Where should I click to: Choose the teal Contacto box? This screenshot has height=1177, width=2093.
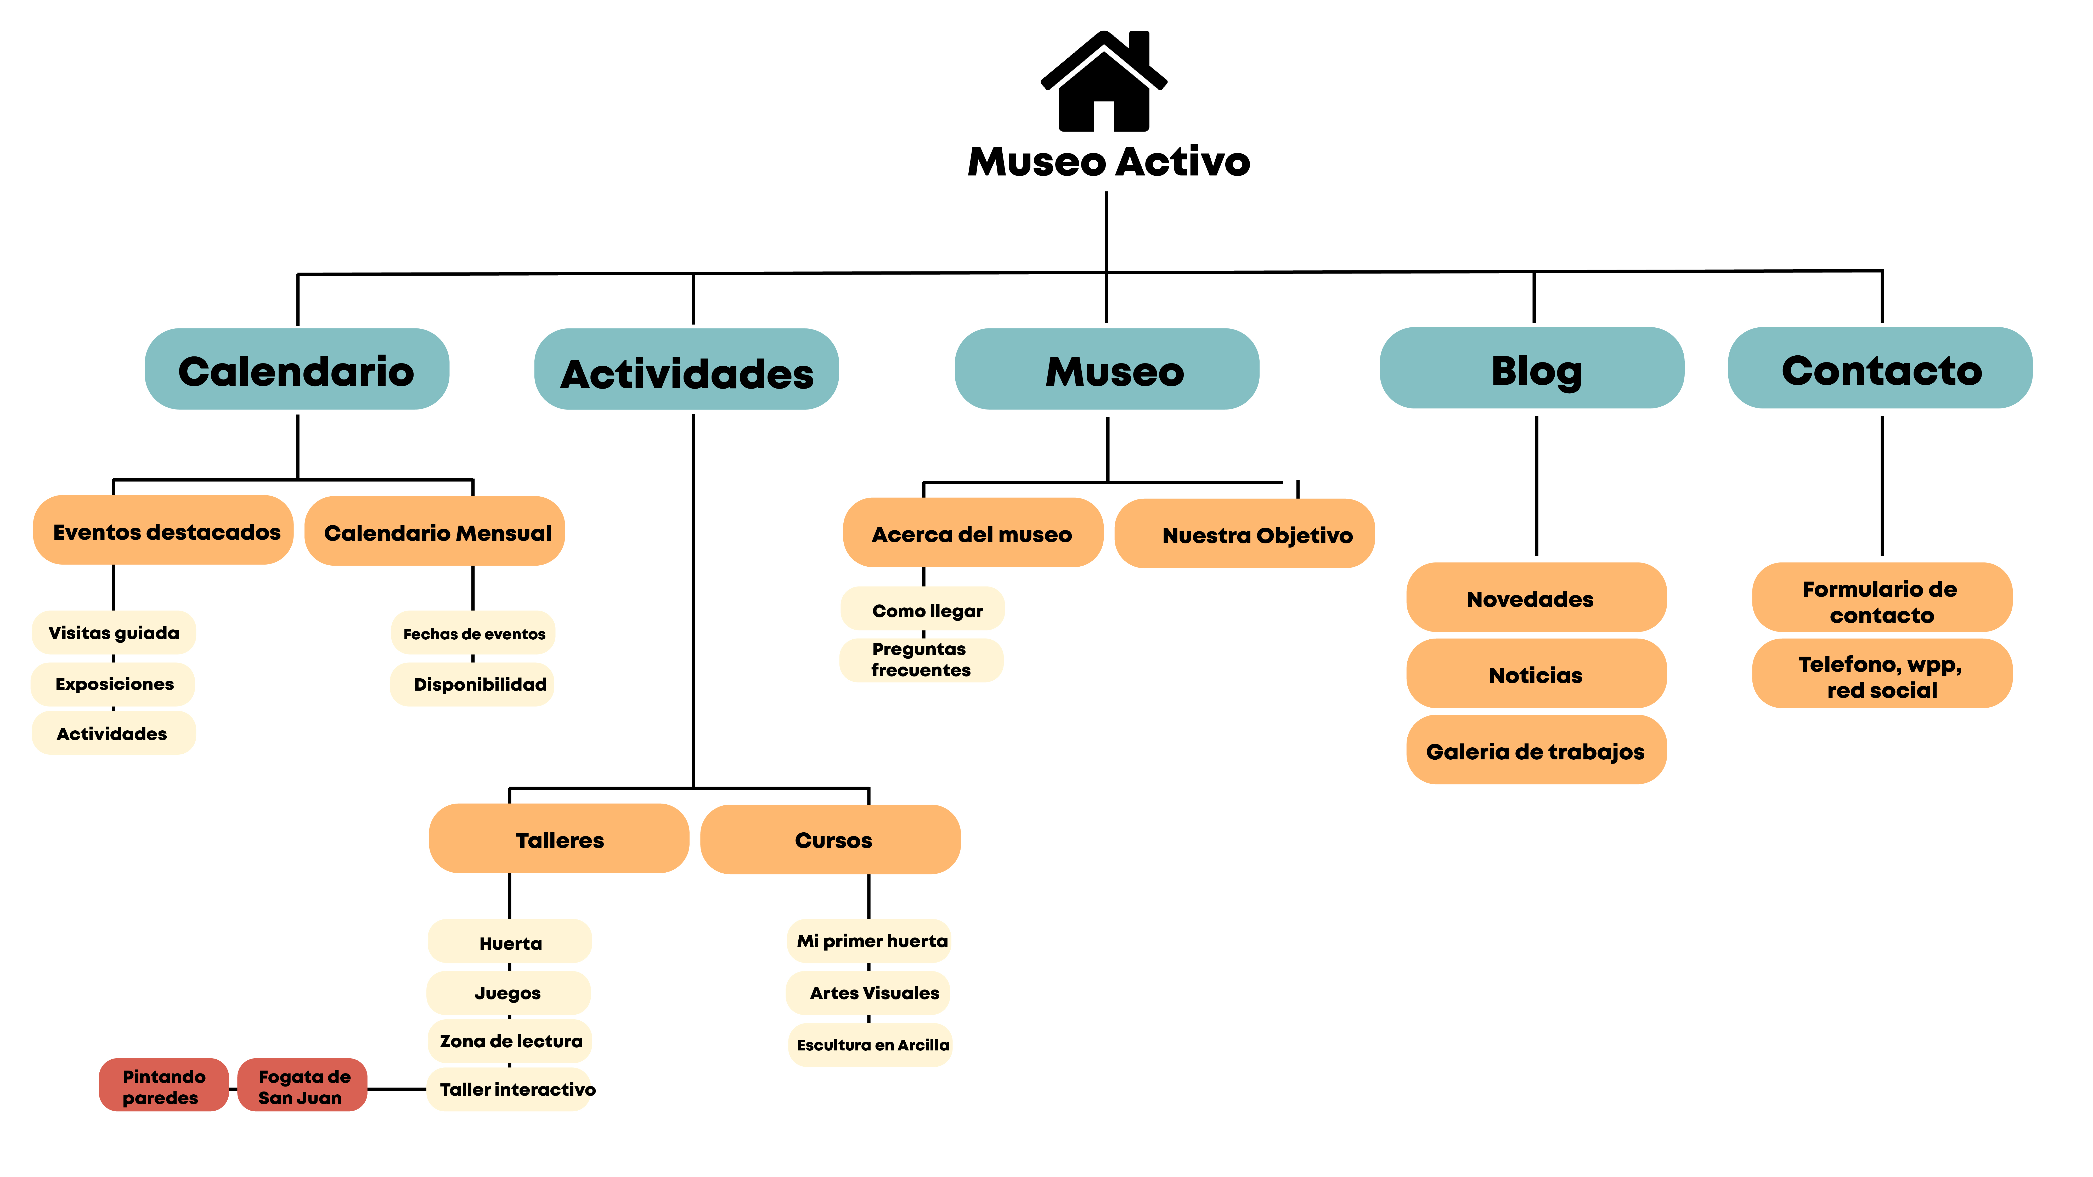click(x=1880, y=368)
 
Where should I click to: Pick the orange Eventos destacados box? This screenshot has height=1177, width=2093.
click(x=163, y=530)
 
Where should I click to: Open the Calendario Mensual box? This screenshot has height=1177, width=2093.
click(x=435, y=531)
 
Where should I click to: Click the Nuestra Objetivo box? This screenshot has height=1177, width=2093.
click(x=1245, y=534)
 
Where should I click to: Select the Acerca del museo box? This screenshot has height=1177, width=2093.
click(x=973, y=533)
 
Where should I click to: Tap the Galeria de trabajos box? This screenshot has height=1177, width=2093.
click(x=1536, y=750)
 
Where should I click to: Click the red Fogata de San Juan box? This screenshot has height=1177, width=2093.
click(x=302, y=1085)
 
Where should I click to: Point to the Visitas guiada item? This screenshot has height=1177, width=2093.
click(x=114, y=632)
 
